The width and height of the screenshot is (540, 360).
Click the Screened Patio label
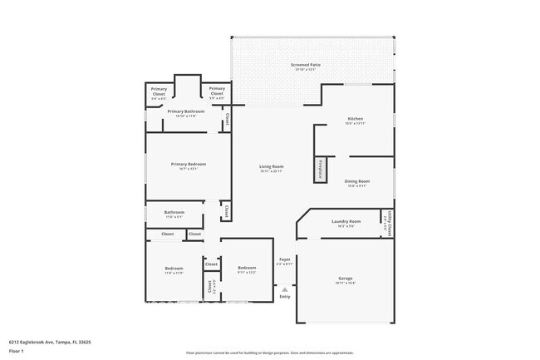click(x=306, y=64)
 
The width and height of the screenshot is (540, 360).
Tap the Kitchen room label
click(x=355, y=119)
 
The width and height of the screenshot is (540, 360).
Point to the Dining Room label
click(x=357, y=180)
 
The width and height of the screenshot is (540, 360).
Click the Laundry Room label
click(x=346, y=221)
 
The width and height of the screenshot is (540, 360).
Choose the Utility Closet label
click(x=387, y=223)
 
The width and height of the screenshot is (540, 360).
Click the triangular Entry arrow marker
click(x=285, y=288)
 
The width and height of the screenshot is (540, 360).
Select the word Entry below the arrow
click(x=285, y=297)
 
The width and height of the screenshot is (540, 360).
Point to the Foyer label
click(x=284, y=259)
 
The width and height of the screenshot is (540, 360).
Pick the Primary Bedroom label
click(x=188, y=164)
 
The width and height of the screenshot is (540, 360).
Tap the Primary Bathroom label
click(x=186, y=111)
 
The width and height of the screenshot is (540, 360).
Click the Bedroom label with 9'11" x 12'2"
click(x=247, y=268)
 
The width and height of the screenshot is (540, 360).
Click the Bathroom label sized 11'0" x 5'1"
click(x=174, y=212)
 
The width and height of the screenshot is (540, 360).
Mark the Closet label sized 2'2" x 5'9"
click(x=209, y=287)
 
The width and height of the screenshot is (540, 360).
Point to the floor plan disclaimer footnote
click(x=269, y=353)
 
